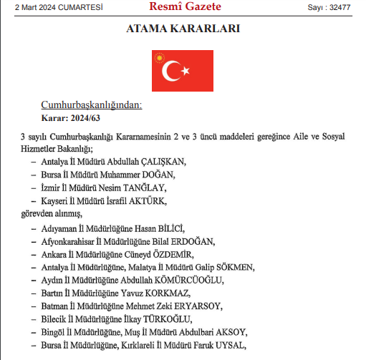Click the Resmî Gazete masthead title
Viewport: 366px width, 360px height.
click(x=185, y=7)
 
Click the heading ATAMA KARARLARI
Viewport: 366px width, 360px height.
click(x=183, y=29)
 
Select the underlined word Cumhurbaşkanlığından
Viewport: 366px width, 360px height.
click(x=91, y=104)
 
